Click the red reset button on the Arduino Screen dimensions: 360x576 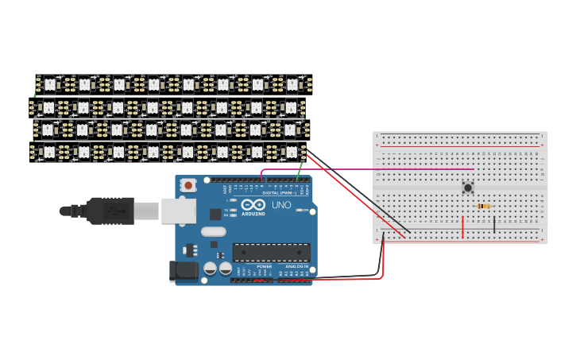[x=188, y=185]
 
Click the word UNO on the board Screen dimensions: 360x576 [x=281, y=205]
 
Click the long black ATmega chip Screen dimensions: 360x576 [x=271, y=252]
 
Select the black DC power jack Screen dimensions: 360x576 [x=184, y=271]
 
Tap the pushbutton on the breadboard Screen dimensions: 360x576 [x=468, y=188]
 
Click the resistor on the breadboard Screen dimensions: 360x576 [x=483, y=207]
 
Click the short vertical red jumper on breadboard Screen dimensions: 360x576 [x=462, y=226]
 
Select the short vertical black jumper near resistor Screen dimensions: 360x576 [x=494, y=224]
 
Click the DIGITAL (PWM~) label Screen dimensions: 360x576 [x=279, y=192]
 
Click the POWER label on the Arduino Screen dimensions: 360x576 [x=253, y=266]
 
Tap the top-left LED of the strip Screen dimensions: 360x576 [x=49, y=83]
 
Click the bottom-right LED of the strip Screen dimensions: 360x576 [x=291, y=150]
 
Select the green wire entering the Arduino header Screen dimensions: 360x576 [x=299, y=172]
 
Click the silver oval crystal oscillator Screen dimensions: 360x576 [x=213, y=232]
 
